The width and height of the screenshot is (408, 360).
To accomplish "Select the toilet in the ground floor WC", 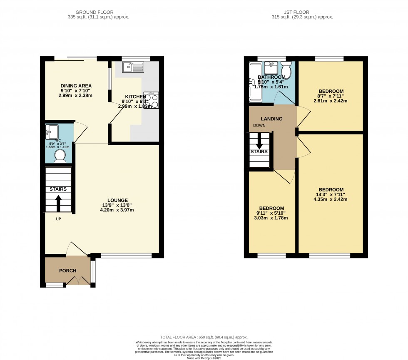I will (60, 156).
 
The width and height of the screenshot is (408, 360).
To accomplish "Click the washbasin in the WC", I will (52, 132).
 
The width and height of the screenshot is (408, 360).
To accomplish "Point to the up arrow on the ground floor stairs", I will (58, 202).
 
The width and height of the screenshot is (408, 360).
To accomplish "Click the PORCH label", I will (67, 271).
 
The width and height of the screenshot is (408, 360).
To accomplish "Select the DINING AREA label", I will (75, 85).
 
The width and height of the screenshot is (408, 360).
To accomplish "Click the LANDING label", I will (271, 119).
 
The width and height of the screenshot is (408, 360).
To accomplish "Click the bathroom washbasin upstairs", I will (271, 67).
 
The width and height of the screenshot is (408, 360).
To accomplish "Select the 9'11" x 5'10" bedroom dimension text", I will (271, 213).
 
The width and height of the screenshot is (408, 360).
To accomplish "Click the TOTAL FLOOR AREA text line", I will (204, 337).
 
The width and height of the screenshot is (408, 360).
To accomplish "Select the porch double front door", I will (78, 282).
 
